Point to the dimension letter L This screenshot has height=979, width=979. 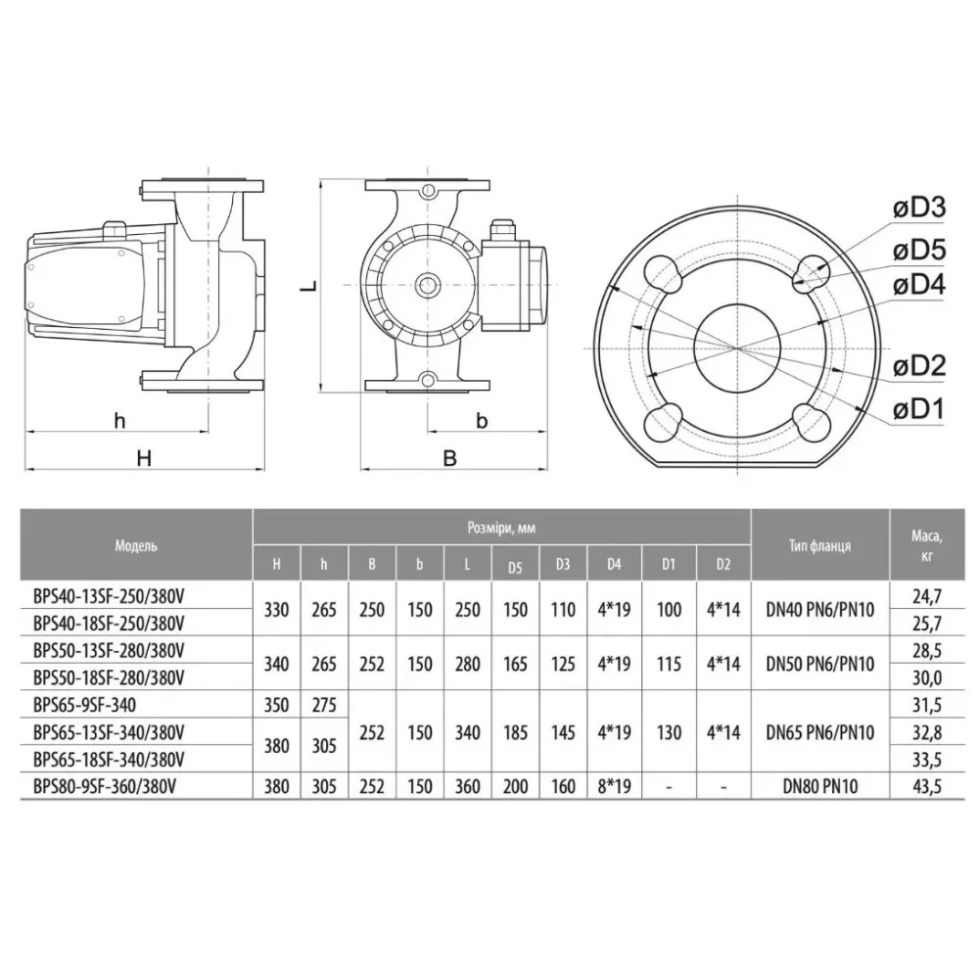(306, 288)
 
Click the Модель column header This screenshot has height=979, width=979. (136, 545)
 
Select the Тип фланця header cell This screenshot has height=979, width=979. (819, 545)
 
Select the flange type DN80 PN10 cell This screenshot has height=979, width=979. (819, 785)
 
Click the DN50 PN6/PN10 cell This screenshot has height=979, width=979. (819, 663)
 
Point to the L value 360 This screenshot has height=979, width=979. (468, 785)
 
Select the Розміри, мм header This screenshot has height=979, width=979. (501, 527)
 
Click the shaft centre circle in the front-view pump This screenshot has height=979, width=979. (428, 286)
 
